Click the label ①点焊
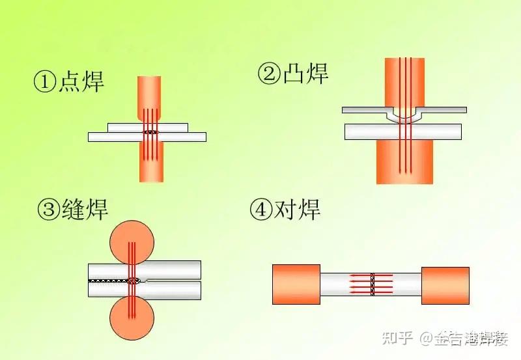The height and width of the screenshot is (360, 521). click(69, 82)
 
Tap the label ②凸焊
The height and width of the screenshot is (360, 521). click(294, 74)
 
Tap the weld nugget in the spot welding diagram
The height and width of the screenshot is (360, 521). click(151, 132)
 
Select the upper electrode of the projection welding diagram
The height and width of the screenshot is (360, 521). click(404, 81)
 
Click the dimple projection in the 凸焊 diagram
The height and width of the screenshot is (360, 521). click(404, 117)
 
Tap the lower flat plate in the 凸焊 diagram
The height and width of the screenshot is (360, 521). click(365, 132)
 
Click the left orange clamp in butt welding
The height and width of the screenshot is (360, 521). click(296, 284)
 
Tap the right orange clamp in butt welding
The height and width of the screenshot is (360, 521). click(445, 284)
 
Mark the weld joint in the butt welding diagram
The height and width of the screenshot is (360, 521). click(373, 284)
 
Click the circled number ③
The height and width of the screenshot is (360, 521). click(49, 210)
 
